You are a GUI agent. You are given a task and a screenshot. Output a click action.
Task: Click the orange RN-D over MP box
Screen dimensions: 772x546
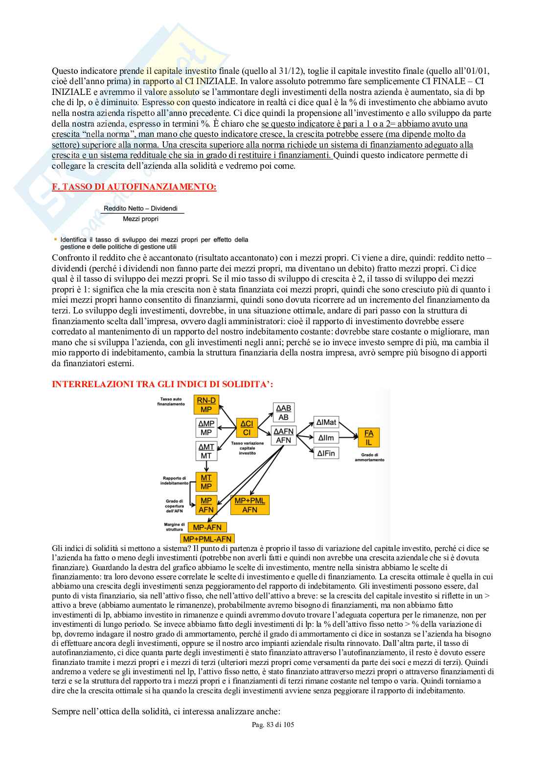click(x=206, y=404)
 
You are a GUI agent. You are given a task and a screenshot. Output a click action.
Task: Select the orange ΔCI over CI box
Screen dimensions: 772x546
click(x=247, y=428)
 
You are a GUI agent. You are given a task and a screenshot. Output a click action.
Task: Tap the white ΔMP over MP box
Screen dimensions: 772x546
click(x=206, y=428)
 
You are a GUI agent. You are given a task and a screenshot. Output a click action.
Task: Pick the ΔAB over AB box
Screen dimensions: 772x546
click(x=283, y=413)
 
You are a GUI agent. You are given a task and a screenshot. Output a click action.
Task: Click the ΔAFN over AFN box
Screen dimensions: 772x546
click(x=283, y=436)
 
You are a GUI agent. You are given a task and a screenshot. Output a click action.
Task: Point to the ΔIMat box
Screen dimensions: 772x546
click(x=326, y=423)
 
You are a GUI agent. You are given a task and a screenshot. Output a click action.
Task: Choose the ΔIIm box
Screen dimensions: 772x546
click(x=326, y=438)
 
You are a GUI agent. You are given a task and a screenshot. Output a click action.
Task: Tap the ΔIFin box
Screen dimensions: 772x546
click(x=326, y=453)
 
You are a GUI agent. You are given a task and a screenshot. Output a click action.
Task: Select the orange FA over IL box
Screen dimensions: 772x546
click(x=368, y=437)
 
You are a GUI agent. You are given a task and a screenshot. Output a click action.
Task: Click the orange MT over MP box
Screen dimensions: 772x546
click(x=206, y=482)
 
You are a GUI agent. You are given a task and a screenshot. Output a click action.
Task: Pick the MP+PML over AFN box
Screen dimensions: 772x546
click(x=250, y=505)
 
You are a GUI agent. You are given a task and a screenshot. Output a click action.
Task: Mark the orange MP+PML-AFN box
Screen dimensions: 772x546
click(x=207, y=539)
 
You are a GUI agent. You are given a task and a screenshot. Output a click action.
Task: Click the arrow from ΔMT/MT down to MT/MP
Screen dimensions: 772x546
click(x=206, y=466)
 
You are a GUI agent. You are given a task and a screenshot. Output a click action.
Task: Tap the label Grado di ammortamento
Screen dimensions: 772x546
click(x=369, y=457)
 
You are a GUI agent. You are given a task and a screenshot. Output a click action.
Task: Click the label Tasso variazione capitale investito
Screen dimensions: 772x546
click(x=247, y=448)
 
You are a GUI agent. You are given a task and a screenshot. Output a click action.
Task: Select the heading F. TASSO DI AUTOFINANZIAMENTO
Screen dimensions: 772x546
click(x=134, y=187)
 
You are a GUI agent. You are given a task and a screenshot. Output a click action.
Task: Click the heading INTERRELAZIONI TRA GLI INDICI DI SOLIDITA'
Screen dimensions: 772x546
click(x=162, y=384)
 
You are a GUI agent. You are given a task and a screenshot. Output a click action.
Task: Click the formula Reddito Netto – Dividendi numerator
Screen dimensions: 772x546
click(x=140, y=208)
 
